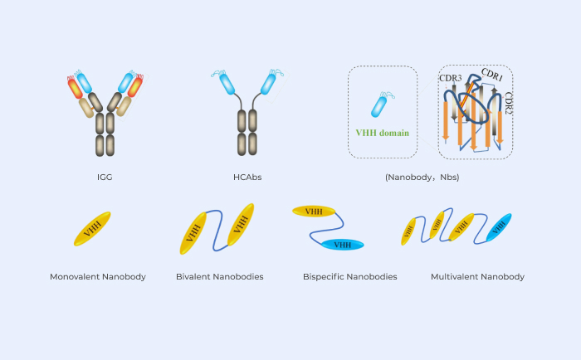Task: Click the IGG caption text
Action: pos(105,178)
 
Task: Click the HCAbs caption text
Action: pos(245,178)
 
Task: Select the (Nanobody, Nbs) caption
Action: pos(422,178)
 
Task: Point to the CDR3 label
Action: pos(451,80)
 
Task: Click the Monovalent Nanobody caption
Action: pos(97,276)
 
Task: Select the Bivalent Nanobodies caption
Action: pos(220,276)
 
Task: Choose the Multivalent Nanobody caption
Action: pos(477,276)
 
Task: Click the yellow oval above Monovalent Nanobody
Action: pos(92,228)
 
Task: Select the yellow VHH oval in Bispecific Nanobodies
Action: pos(314,212)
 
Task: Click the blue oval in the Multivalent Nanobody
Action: pos(499,227)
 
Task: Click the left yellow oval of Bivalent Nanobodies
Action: pos(193,233)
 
